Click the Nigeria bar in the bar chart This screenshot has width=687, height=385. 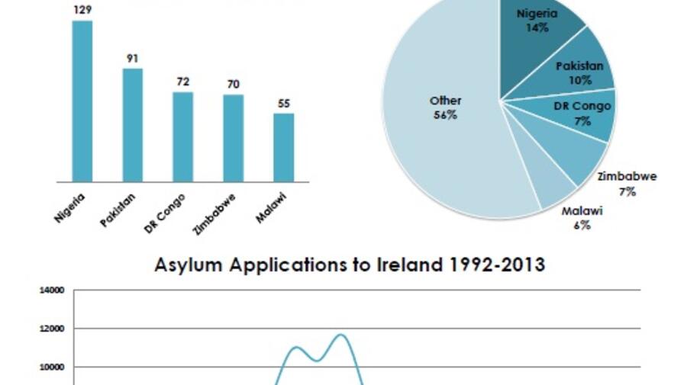[82, 101]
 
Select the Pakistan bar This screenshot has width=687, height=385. [133, 125]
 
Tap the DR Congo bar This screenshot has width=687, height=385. [182, 136]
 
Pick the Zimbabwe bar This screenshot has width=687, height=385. [234, 137]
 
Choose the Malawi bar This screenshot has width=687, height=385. [284, 147]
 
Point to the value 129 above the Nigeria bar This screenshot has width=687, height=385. [82, 9]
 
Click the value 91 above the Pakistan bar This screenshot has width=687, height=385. [133, 58]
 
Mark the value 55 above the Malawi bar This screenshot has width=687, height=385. [284, 103]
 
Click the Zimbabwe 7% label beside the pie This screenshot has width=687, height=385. [627, 184]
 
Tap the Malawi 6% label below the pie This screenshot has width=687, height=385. [582, 218]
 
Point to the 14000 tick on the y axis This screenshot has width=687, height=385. [53, 290]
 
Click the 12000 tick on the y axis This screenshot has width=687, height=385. [53, 329]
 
